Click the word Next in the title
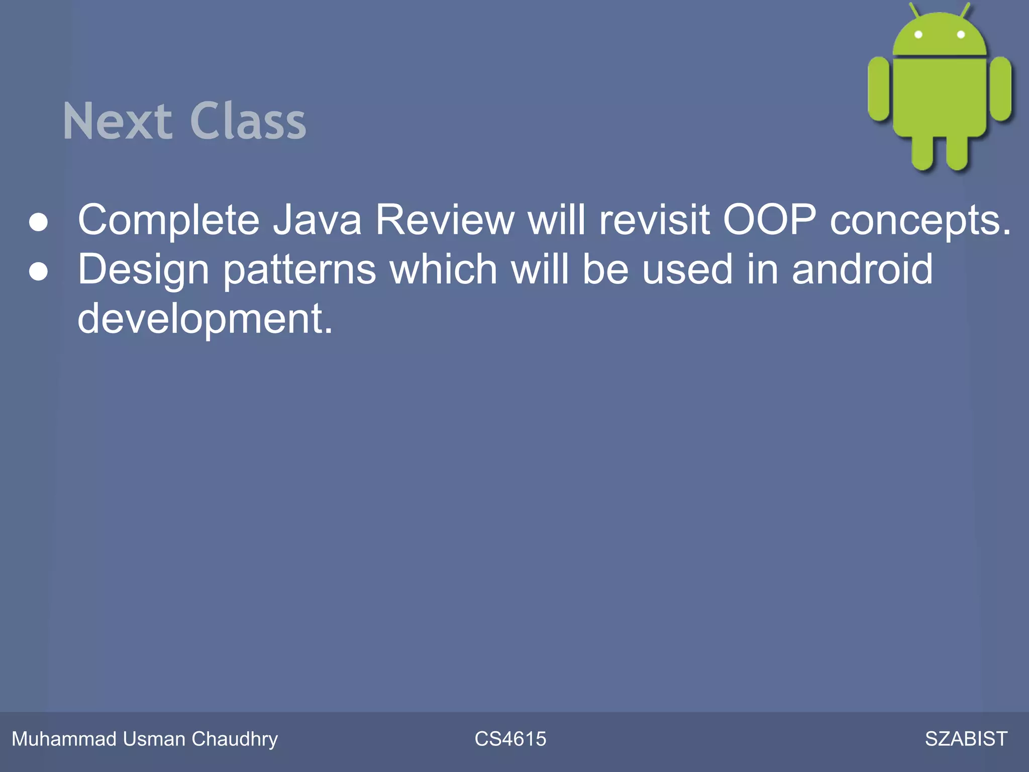[117, 121]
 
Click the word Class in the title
[248, 121]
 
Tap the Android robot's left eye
[918, 35]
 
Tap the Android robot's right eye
[961, 35]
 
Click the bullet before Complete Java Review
[39, 222]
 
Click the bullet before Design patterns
[39, 271]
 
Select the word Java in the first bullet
[317, 220]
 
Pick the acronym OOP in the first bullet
[769, 220]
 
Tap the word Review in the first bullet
[445, 220]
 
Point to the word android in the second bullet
[862, 269]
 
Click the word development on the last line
[205, 319]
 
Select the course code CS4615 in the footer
[510, 739]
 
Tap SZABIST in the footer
[966, 739]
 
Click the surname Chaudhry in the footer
[235, 739]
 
